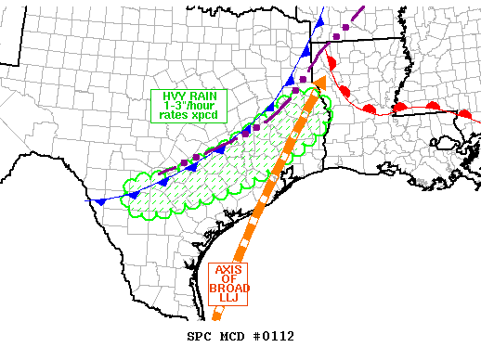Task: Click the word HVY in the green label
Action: tap(169, 96)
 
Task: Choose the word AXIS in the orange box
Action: tap(228, 270)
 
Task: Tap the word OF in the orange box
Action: tap(228, 281)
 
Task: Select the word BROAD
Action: tap(228, 292)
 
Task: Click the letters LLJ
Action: tap(228, 303)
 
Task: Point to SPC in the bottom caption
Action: tap(199, 336)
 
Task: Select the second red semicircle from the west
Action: tap(345, 92)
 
